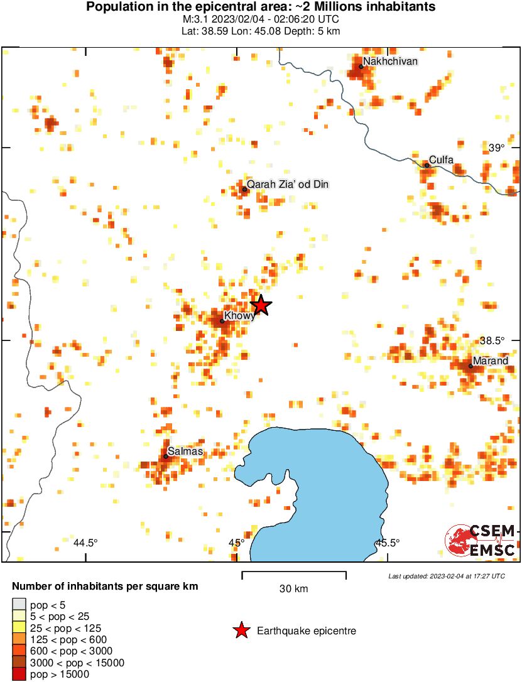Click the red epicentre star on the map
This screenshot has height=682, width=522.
click(x=261, y=306)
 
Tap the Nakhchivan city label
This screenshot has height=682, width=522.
click(x=390, y=62)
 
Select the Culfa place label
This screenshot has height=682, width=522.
click(x=441, y=160)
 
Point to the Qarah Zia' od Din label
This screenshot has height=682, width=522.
click(x=288, y=185)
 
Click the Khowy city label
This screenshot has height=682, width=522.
click(x=240, y=317)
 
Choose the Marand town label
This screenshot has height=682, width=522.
click(x=491, y=361)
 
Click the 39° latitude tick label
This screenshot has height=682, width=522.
click(x=496, y=148)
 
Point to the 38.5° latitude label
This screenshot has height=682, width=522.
click(x=492, y=340)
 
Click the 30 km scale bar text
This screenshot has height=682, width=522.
click(x=293, y=589)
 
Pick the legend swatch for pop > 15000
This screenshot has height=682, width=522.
click(x=19, y=674)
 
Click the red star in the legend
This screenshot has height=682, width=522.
click(x=241, y=631)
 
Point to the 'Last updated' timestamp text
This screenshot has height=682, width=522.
click(x=446, y=576)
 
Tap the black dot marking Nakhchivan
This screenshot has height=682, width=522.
click(x=361, y=67)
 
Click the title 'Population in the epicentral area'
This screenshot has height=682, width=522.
click(x=261, y=8)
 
